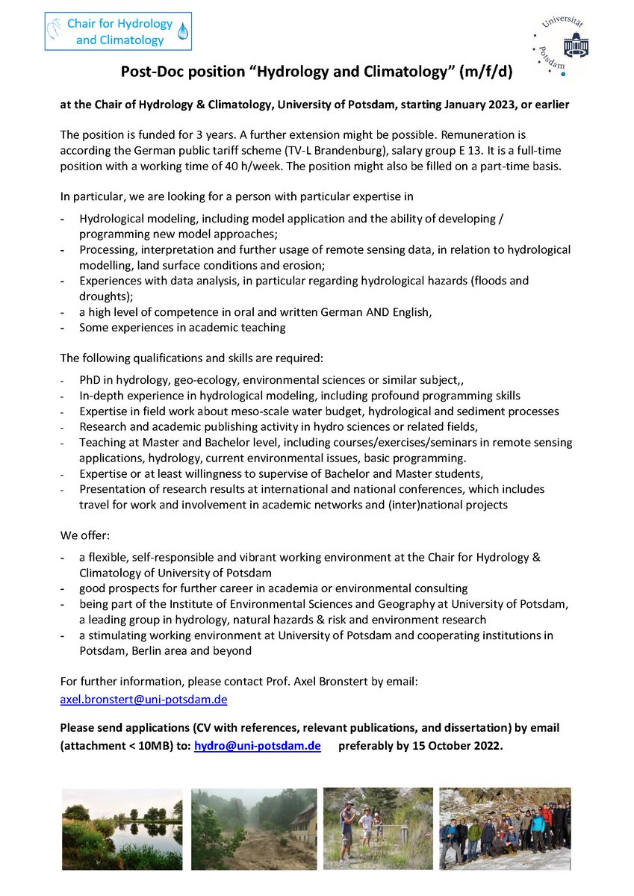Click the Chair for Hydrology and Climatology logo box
[x=119, y=31]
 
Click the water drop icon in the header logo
[x=183, y=31]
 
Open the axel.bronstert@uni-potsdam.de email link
[x=143, y=700]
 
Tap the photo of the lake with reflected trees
[x=122, y=829]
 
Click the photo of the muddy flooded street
[x=252, y=829]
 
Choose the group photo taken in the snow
[x=505, y=829]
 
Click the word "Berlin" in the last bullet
[x=155, y=650]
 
